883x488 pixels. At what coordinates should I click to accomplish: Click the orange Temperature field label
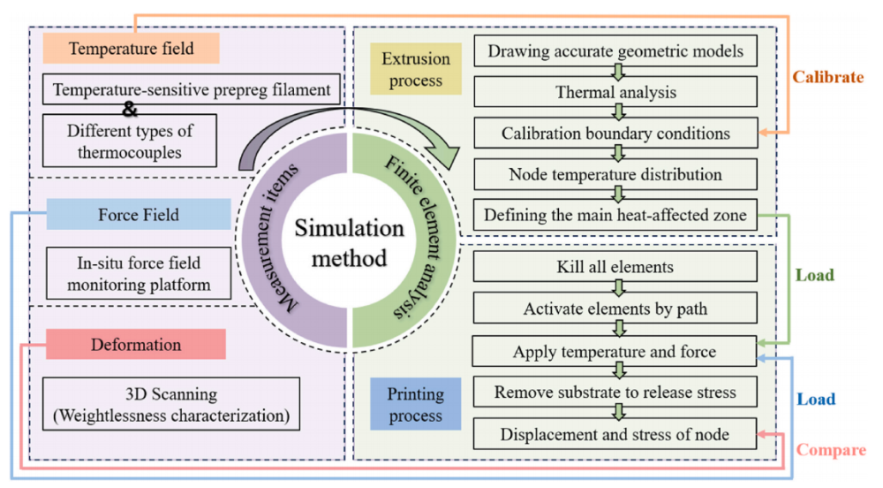click(132, 49)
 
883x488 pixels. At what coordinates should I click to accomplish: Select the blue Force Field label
click(138, 214)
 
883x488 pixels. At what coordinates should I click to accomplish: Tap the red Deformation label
click(136, 344)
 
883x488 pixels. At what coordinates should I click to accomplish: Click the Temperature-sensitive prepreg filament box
click(191, 89)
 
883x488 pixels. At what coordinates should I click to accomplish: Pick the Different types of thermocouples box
click(129, 140)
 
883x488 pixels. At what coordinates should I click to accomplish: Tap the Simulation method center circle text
click(350, 244)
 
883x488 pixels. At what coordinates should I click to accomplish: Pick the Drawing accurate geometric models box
click(615, 51)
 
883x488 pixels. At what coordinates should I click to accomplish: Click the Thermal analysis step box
click(615, 92)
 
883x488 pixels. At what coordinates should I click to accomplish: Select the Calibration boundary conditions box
click(615, 133)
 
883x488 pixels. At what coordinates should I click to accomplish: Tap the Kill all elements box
click(615, 267)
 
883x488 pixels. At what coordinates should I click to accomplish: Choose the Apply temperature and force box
click(615, 352)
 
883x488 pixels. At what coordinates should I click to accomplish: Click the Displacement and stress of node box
click(615, 434)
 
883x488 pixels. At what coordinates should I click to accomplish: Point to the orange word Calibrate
click(827, 77)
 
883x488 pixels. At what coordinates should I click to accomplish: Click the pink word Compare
click(830, 450)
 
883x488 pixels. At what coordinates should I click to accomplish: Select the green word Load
click(814, 276)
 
